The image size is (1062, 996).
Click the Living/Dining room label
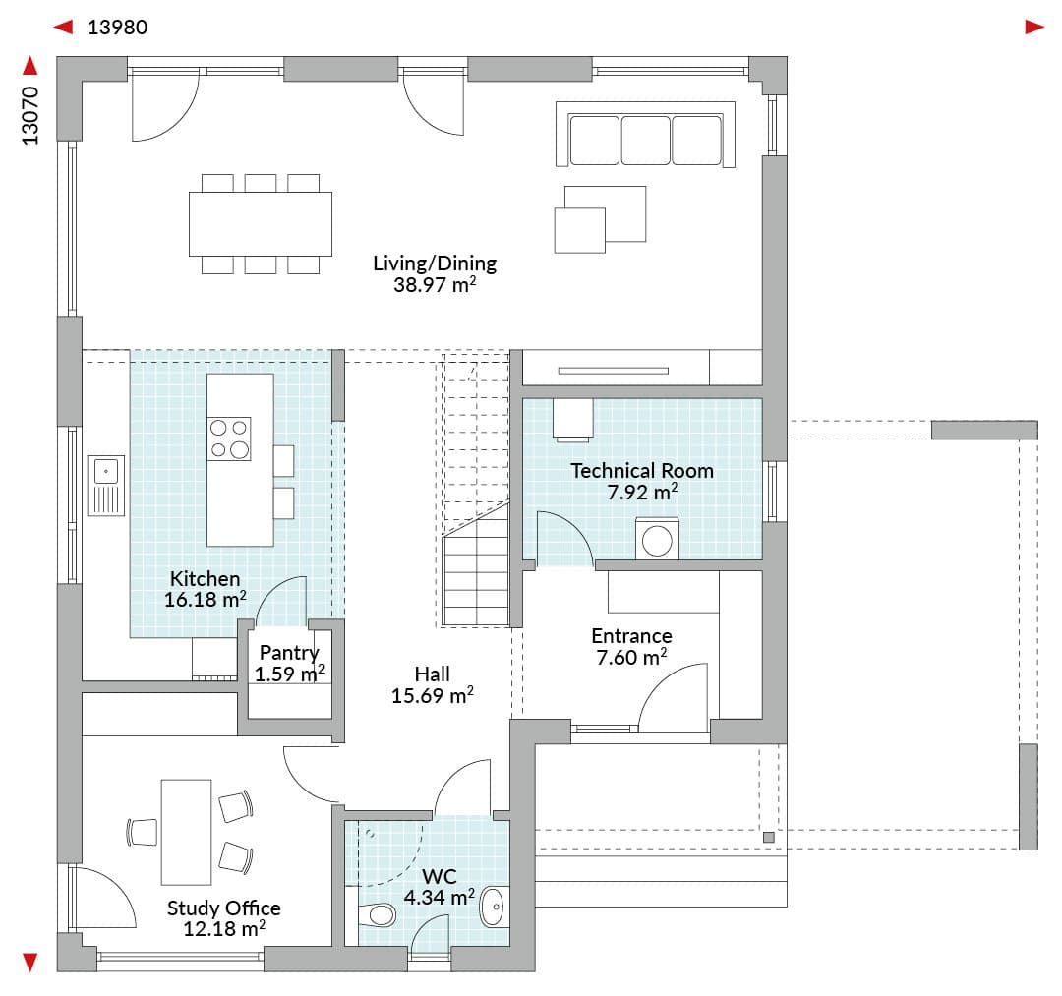pos(435,263)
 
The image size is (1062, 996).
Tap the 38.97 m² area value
pos(435,284)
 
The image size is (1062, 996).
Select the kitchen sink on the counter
pos(106,486)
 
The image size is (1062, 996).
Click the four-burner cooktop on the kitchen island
pos(229,439)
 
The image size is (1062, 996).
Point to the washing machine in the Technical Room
pos(657,539)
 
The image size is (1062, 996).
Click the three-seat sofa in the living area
pos(645,134)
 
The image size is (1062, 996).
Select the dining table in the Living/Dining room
pos(260,223)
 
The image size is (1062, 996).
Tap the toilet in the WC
pos(378,915)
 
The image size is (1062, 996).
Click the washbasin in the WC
pos(493,907)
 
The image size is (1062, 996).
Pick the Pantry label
pos(289,653)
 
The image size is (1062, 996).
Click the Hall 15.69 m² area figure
pos(432,695)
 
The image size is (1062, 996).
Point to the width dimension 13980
pos(117,28)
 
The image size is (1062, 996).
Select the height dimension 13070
pos(29,116)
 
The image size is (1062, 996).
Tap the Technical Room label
pos(642,471)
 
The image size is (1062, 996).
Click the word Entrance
pos(631,636)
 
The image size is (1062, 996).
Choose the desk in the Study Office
pos(186,832)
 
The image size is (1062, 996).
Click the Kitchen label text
pos(205,579)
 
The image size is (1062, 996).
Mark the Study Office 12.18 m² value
pos(224,928)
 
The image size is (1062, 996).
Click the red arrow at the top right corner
pos(1034,28)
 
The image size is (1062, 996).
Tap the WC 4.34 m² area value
pos(439,897)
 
